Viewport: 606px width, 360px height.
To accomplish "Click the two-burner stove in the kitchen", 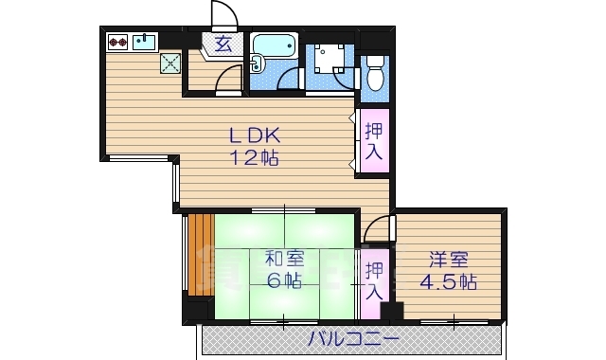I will (119, 42).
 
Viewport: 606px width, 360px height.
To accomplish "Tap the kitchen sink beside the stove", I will (145, 41).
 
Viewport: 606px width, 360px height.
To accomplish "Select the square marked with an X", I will (171, 63).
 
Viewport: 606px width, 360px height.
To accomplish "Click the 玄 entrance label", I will (223, 43).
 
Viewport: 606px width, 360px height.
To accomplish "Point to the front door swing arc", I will (223, 15).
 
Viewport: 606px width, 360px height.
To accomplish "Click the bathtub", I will (275, 45).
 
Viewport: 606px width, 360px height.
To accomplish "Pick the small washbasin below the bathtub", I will (257, 64).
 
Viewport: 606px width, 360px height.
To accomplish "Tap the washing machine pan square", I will (330, 60).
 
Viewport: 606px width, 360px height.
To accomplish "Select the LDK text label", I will (254, 135).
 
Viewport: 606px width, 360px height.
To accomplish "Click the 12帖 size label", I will (254, 158).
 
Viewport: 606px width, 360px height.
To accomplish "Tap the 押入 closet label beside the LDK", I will (374, 141).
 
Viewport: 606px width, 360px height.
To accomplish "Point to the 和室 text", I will (283, 258).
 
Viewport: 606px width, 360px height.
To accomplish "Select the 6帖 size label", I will (283, 280).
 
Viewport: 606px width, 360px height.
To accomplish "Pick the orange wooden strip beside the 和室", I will (197, 254).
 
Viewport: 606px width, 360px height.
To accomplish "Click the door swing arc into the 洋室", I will (378, 226).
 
